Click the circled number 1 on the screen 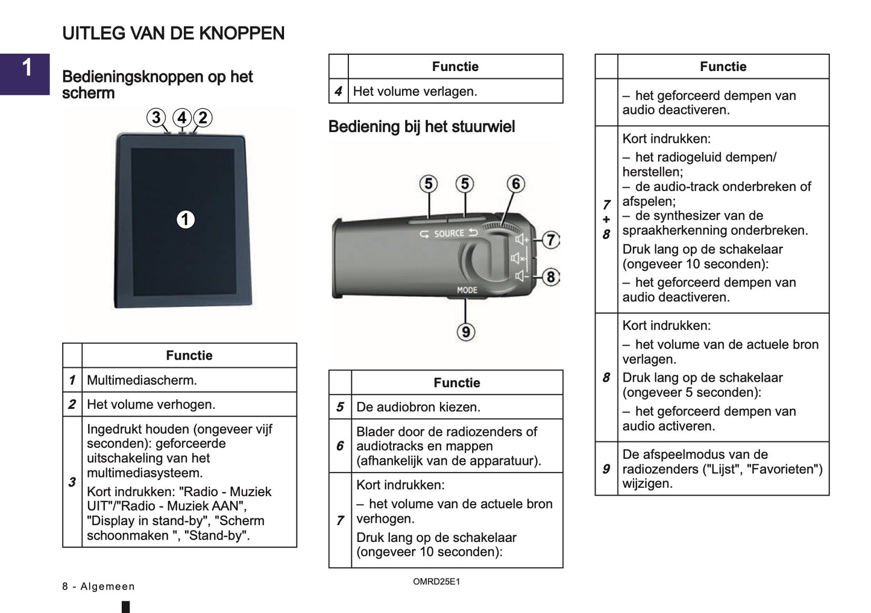coord(186,219)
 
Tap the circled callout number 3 coord(156,117)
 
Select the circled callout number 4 coord(182,117)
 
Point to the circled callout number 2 coord(203,117)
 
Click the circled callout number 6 coord(515,184)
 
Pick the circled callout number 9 coord(466,332)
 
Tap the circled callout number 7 coord(550,240)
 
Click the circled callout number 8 coord(550,277)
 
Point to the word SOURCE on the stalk coord(449,234)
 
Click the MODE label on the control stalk coord(467,290)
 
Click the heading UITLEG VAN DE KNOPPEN coord(174,33)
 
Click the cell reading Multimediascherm coord(142,380)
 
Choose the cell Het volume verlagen coord(415,92)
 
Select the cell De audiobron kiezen coord(418,406)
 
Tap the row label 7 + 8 coord(606,219)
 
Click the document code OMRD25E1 coord(436,582)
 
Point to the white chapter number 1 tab coord(27,67)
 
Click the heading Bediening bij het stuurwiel coord(421,126)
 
